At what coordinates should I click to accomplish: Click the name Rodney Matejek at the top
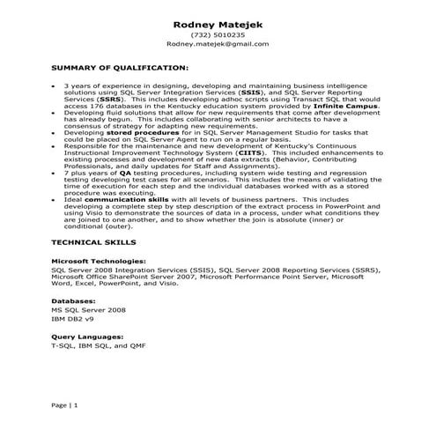[x=217, y=22]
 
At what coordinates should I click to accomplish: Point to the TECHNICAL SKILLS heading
[x=93, y=240]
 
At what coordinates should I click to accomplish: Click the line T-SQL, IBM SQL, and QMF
[x=103, y=346]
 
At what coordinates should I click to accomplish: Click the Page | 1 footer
[x=65, y=405]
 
